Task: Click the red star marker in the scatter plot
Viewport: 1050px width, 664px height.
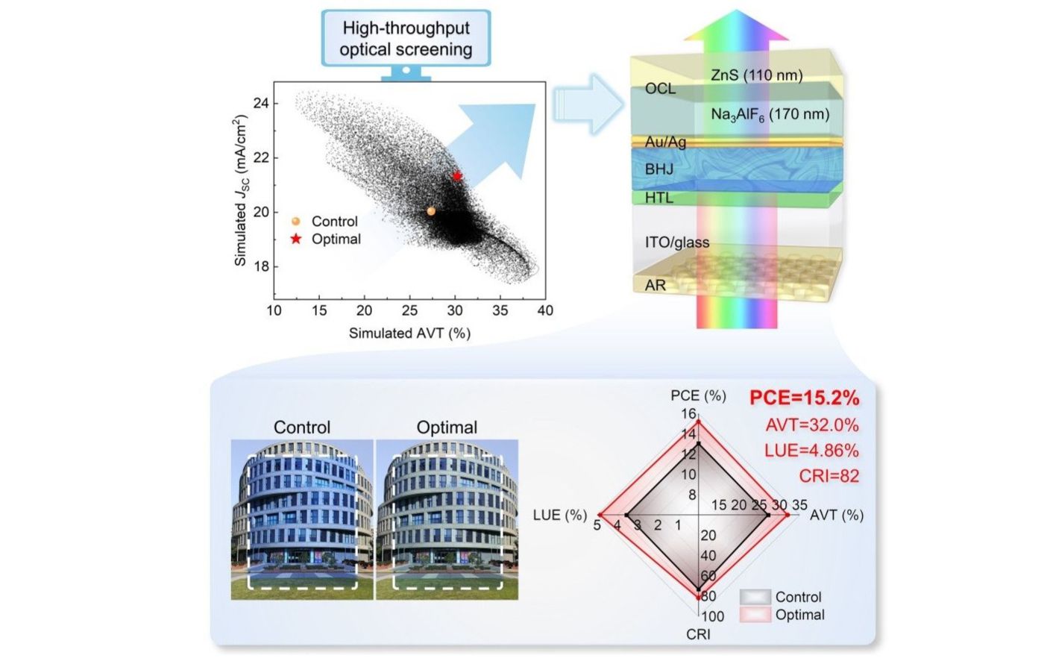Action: [457, 177]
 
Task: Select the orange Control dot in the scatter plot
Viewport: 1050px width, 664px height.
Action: [431, 211]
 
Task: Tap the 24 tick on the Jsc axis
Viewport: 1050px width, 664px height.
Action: [261, 103]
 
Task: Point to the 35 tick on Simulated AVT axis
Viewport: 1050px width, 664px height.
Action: [500, 310]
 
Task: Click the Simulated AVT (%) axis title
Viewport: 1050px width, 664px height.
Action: [409, 333]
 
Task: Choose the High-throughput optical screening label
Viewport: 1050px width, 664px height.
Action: [406, 39]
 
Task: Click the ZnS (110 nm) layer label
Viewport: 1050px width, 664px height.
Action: [756, 75]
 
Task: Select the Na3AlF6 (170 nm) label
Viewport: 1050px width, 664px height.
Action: [770, 115]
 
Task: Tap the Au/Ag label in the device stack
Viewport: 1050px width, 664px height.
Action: [665, 142]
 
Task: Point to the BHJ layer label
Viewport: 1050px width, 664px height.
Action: [659, 169]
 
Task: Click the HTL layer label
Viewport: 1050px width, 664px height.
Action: [659, 198]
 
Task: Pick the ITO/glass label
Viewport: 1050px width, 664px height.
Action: [677, 242]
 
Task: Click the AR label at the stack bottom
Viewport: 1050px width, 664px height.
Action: [656, 285]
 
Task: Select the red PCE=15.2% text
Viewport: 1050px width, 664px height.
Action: [804, 398]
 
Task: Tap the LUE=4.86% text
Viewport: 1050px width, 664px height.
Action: [811, 451]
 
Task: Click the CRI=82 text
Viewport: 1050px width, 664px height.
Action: [829, 476]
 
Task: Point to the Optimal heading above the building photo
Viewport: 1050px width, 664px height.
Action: [447, 427]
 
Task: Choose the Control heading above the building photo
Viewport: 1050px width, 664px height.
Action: [302, 427]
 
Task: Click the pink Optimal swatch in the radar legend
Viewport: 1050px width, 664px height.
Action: [755, 615]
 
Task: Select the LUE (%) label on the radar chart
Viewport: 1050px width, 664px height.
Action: [559, 516]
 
